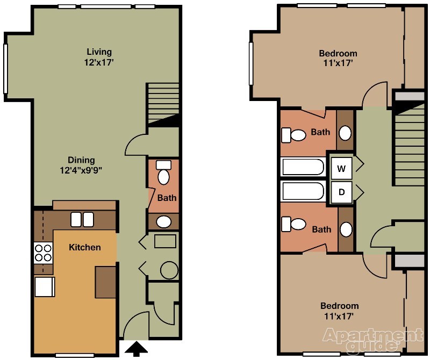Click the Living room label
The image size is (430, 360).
click(99, 52)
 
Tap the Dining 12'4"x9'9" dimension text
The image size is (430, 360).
click(81, 170)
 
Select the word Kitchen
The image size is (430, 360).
click(85, 247)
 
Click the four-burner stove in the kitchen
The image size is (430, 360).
click(44, 253)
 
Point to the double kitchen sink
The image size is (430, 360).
click(82, 220)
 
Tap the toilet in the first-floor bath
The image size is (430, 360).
click(164, 172)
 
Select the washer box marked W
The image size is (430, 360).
click(341, 168)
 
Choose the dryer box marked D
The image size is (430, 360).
click(341, 192)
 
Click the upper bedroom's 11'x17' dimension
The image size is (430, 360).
click(338, 63)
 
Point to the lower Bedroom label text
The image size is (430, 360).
click(340, 306)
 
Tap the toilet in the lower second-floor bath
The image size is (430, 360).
click(293, 224)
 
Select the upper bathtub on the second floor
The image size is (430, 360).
click(303, 167)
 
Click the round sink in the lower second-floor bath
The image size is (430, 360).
click(346, 229)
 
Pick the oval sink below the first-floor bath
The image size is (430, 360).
click(164, 222)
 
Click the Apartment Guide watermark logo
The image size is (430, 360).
click(372, 340)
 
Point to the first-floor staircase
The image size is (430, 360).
click(163, 104)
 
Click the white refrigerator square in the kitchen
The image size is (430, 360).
click(45, 286)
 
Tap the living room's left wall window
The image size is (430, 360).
click(5, 69)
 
